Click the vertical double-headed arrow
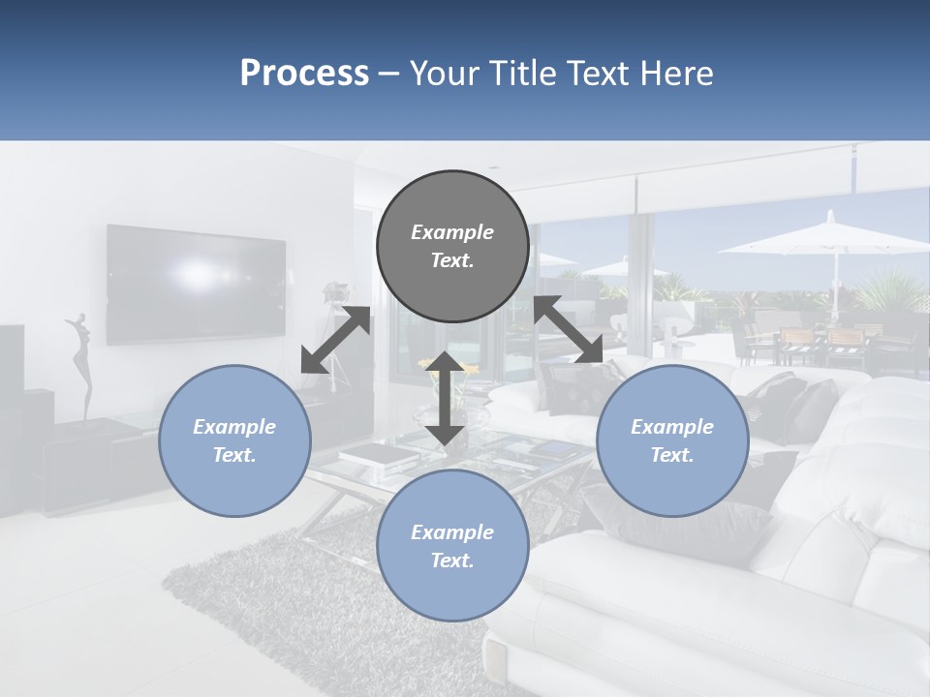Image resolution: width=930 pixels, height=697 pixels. (445, 398)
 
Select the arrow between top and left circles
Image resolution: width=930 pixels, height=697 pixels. (335, 340)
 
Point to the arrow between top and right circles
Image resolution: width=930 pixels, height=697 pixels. (569, 330)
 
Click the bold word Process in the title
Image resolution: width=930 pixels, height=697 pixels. (304, 73)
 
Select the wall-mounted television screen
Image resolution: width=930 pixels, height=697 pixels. (196, 285)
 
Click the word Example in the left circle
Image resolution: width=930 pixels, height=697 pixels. (234, 427)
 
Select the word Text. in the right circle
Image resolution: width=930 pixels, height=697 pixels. (672, 455)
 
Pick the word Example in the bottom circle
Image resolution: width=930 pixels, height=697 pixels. (452, 532)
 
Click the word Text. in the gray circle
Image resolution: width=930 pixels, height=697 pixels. (452, 260)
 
